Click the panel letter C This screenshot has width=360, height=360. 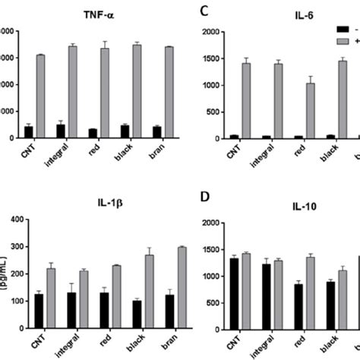[203, 11]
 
